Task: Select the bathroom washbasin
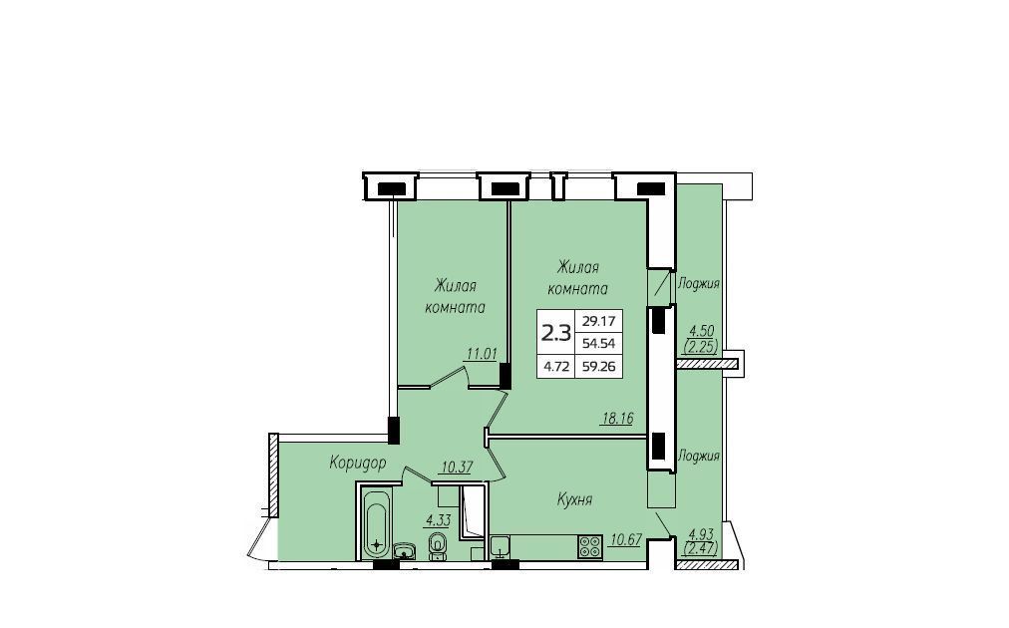(x=405, y=551)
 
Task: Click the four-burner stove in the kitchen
(x=590, y=546)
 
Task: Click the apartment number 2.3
(x=556, y=333)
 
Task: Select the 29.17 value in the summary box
(x=598, y=320)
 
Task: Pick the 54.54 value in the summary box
(x=598, y=344)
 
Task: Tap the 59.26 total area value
(x=598, y=368)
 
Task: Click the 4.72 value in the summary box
(x=556, y=368)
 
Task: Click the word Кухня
(x=574, y=499)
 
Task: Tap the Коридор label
(x=358, y=463)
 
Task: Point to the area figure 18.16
(x=617, y=419)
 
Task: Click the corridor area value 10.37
(x=456, y=468)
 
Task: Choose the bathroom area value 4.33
(x=437, y=520)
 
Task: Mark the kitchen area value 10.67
(x=625, y=540)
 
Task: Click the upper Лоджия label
(x=698, y=283)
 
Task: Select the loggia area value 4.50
(x=701, y=331)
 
